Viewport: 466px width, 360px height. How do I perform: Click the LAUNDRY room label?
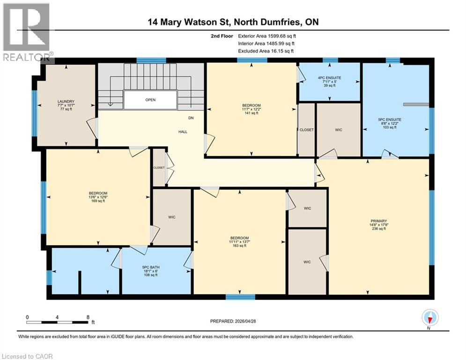(x=66, y=102)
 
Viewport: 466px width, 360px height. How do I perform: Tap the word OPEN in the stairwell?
(x=150, y=100)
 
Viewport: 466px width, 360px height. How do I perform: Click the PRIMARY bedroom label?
(x=377, y=221)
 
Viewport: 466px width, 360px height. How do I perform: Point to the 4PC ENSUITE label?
(x=329, y=77)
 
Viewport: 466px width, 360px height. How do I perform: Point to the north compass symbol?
(x=429, y=318)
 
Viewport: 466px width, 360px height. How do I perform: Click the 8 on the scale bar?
(x=88, y=317)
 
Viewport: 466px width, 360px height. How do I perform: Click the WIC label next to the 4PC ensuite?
(x=339, y=130)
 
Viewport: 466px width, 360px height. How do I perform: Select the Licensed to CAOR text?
(x=27, y=356)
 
